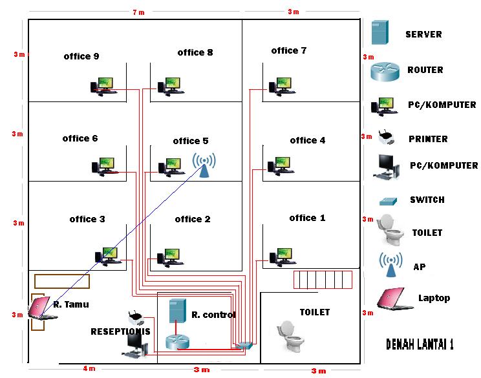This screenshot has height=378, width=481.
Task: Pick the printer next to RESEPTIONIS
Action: click(135, 318)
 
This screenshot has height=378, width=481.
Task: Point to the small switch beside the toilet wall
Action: click(244, 345)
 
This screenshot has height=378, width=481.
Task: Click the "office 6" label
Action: click(80, 138)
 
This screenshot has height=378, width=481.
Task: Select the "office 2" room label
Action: click(193, 219)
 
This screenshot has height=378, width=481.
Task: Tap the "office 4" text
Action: click(308, 140)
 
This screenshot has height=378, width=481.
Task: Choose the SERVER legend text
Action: click(423, 34)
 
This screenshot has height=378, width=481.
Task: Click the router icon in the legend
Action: click(386, 70)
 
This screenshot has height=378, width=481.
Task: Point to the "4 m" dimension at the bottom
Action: click(89, 369)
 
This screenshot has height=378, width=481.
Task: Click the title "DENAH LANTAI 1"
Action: click(420, 344)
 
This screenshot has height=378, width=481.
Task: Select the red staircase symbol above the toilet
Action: click(323, 279)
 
